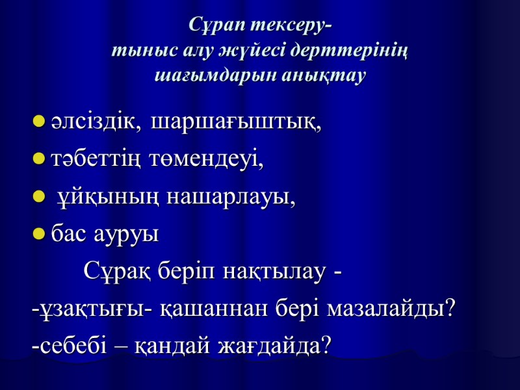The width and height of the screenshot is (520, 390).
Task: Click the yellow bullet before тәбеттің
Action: pos(38,159)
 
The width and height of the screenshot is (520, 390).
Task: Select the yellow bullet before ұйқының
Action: pos(38,197)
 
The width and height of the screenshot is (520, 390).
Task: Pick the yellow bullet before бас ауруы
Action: pos(38,234)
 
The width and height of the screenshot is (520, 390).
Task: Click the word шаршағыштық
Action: pos(235,122)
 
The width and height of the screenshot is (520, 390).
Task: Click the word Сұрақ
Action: pos(118,270)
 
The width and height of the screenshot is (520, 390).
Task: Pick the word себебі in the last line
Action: pos(63,344)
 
